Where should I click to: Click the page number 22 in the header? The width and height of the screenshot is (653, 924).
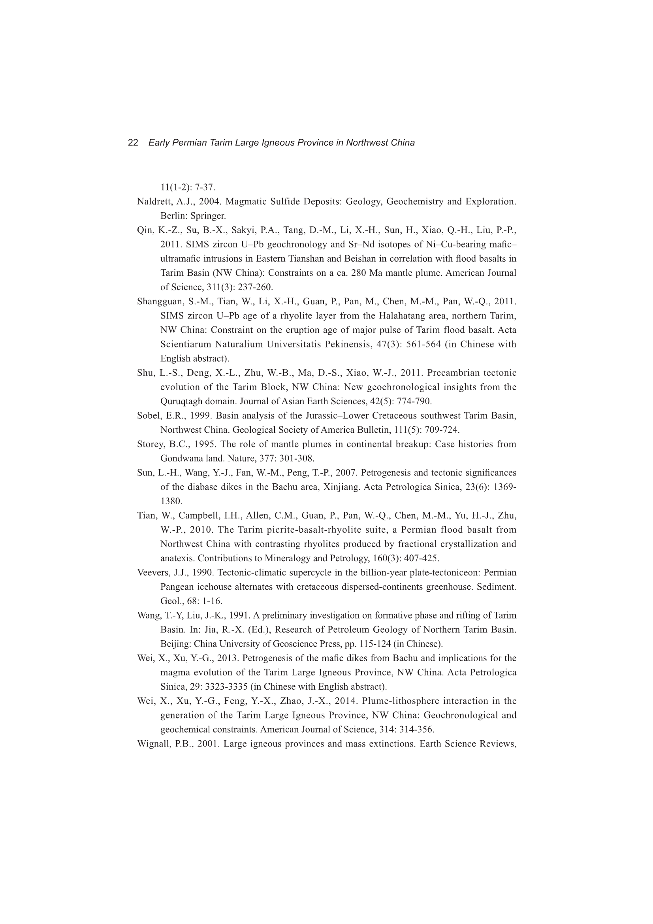coord(133,142)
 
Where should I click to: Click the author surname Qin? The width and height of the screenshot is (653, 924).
coord(144,230)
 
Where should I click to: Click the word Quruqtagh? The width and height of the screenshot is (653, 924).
coord(179,402)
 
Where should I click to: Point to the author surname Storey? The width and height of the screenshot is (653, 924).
coord(149,444)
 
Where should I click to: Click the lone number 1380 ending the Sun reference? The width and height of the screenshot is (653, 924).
coord(171,502)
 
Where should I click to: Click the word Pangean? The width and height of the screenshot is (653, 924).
coord(176,587)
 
